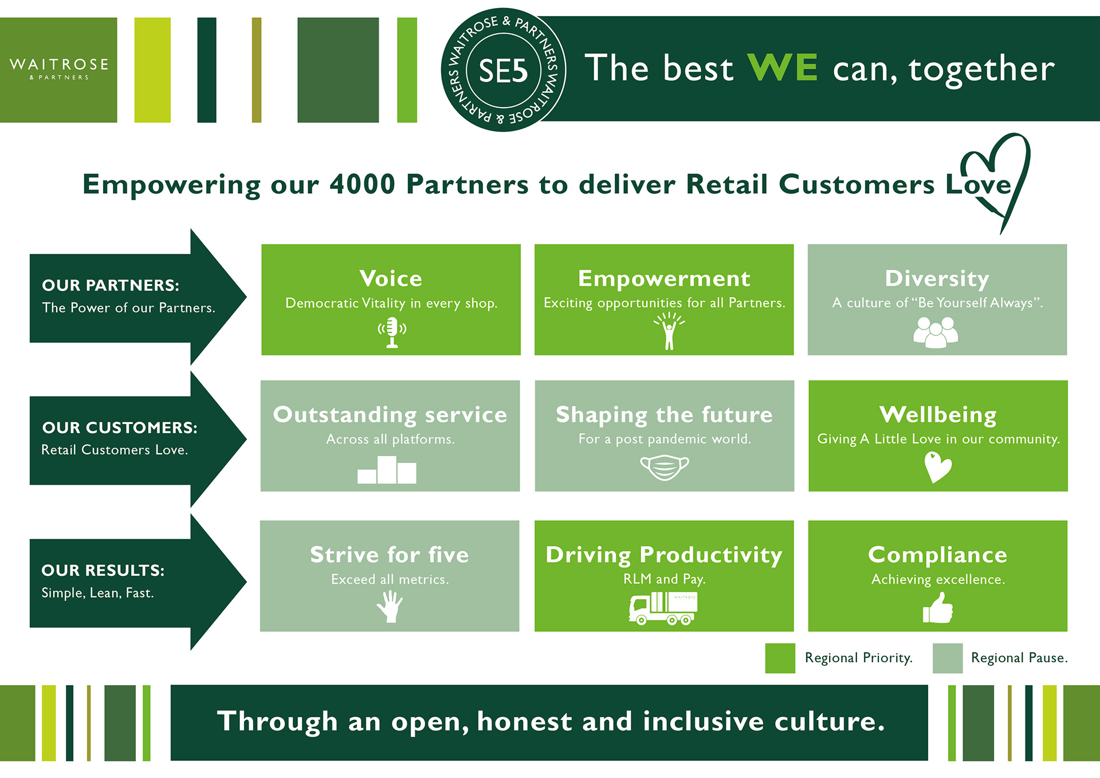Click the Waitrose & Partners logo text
(x=59, y=68)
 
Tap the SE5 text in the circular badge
(x=503, y=71)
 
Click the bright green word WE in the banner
(x=783, y=68)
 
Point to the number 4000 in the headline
(x=362, y=184)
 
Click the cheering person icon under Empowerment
(x=669, y=331)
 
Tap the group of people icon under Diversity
(x=936, y=332)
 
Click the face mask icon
(x=665, y=467)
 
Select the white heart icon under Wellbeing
(x=937, y=467)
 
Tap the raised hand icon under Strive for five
(x=390, y=606)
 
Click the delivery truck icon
(x=663, y=608)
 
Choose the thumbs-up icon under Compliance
(x=938, y=608)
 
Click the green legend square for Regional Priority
(x=780, y=658)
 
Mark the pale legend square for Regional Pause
(x=947, y=658)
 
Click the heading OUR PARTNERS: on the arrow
(x=111, y=285)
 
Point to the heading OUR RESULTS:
(x=103, y=571)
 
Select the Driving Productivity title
(x=664, y=555)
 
